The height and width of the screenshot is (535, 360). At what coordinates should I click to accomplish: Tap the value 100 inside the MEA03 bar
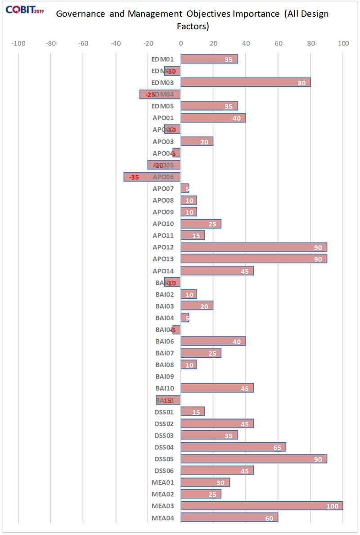(x=333, y=506)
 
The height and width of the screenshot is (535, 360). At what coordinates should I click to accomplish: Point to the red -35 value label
(x=134, y=177)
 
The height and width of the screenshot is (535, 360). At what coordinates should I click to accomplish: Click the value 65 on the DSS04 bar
(x=278, y=447)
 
